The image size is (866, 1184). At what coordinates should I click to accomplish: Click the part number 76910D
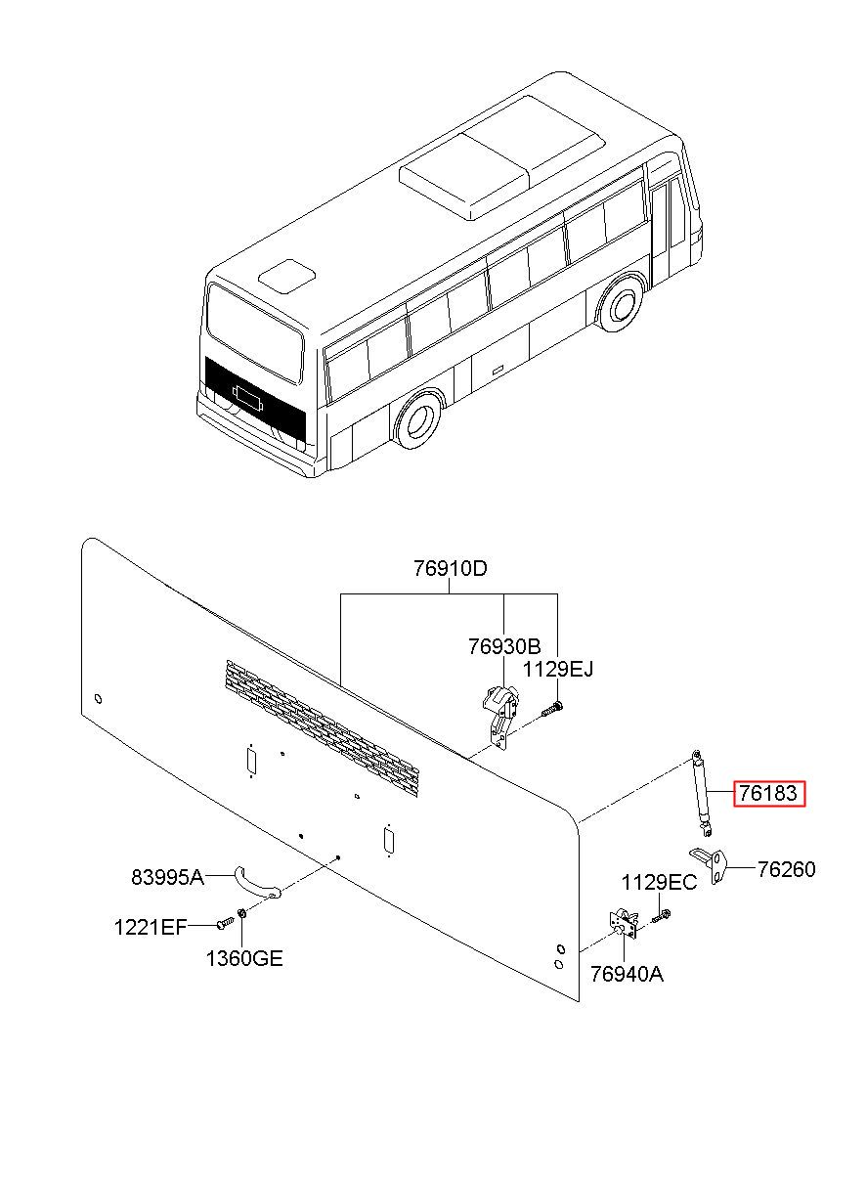[x=450, y=569]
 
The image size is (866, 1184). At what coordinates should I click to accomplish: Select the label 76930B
[x=504, y=646]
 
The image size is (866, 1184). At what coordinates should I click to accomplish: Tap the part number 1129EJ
[x=557, y=669]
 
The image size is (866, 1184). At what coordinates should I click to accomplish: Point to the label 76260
[x=786, y=869]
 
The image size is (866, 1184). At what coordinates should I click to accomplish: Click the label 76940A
[x=627, y=974]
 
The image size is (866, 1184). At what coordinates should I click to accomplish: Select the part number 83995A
[x=167, y=878]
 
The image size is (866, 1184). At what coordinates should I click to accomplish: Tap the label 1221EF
[x=152, y=928]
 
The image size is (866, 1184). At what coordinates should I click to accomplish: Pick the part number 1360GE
[x=244, y=959]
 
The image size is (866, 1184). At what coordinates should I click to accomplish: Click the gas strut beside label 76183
[x=701, y=793]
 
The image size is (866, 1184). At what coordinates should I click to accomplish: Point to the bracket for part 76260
[x=710, y=867]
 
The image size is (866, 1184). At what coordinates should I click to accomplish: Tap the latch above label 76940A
[x=624, y=924]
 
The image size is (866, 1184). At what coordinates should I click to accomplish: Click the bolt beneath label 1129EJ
[x=552, y=709]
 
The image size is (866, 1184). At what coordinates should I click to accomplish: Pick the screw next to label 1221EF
[x=225, y=922]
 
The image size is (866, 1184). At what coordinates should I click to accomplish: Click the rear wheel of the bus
[x=418, y=420]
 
